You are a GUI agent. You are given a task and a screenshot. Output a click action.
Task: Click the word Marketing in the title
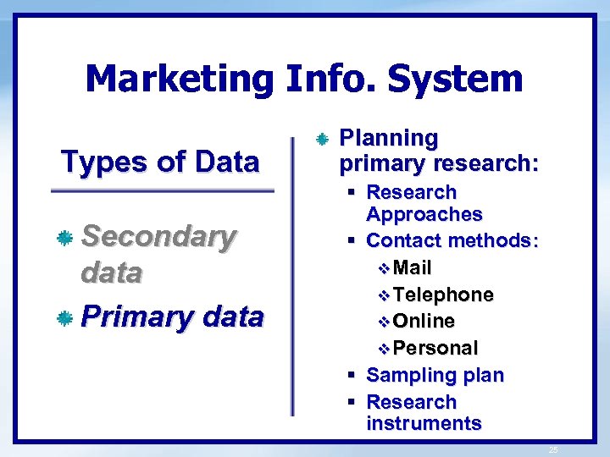(x=179, y=79)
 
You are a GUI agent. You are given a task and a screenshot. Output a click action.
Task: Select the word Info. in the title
(x=331, y=79)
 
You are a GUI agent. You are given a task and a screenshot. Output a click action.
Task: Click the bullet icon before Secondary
(x=64, y=240)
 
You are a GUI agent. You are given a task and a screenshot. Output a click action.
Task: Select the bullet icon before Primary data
(x=64, y=319)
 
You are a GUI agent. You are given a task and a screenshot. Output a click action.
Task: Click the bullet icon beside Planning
(x=321, y=138)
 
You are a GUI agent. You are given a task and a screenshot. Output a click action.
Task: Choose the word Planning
(x=388, y=137)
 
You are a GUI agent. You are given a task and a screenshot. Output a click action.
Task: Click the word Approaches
(x=424, y=214)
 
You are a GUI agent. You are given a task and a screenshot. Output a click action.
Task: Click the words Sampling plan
(x=435, y=375)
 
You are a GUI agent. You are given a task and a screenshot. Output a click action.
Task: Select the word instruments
(x=424, y=423)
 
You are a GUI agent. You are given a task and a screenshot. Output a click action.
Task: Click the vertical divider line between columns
(x=293, y=271)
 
